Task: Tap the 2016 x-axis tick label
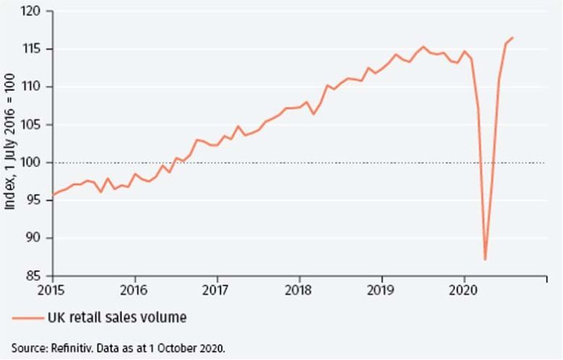click(134, 290)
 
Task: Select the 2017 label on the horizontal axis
click(217, 290)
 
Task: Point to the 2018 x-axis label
click(299, 290)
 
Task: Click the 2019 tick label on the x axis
click(382, 290)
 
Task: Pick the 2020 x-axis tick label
click(464, 290)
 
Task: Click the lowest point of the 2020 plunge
click(485, 259)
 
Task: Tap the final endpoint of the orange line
click(512, 38)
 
